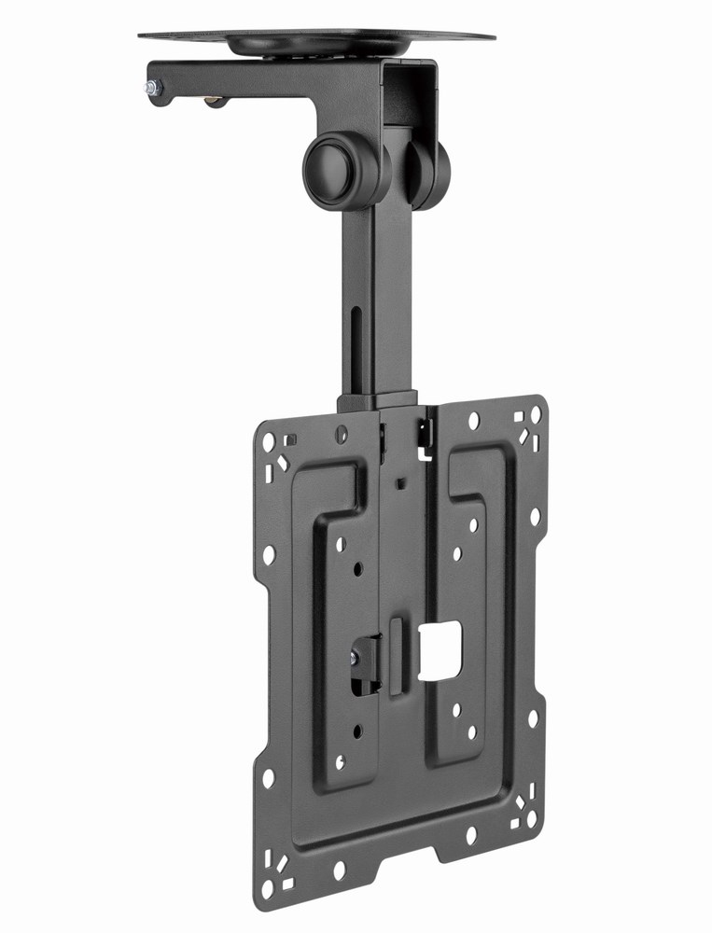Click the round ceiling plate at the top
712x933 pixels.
[316, 38]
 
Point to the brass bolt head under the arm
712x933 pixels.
[215, 101]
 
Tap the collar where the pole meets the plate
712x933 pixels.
[377, 402]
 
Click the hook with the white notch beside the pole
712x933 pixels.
[426, 437]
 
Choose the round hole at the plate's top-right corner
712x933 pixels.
[536, 413]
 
